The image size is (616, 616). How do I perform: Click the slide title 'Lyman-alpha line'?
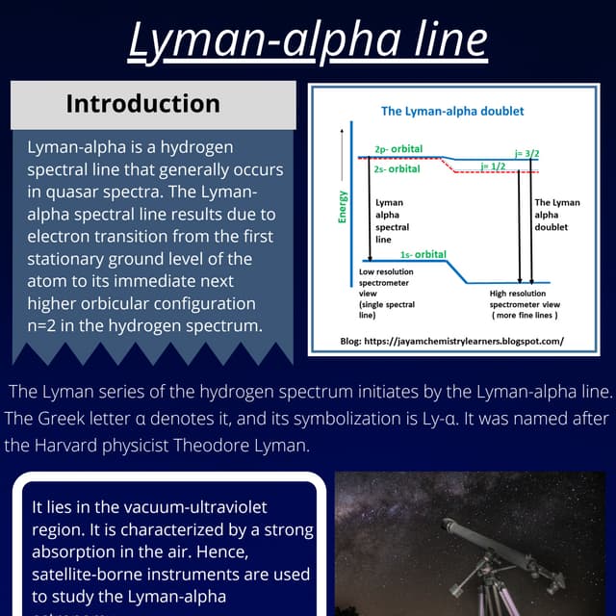(x=308, y=40)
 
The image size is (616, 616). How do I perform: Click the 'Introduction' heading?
(x=142, y=104)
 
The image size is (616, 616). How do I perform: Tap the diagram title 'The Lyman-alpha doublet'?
(x=452, y=112)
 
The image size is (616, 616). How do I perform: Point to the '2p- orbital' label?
(x=398, y=150)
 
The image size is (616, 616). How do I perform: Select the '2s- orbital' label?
(x=397, y=168)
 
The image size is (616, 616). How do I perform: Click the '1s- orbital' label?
(x=423, y=254)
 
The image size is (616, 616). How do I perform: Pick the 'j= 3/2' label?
(x=526, y=153)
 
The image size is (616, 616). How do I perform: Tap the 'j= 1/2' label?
(x=493, y=166)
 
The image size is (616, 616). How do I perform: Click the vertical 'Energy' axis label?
(x=342, y=207)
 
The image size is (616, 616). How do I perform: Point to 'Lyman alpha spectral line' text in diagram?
(x=391, y=221)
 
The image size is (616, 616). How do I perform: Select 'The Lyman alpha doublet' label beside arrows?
(x=557, y=215)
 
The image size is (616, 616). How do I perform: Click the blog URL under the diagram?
(x=452, y=341)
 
